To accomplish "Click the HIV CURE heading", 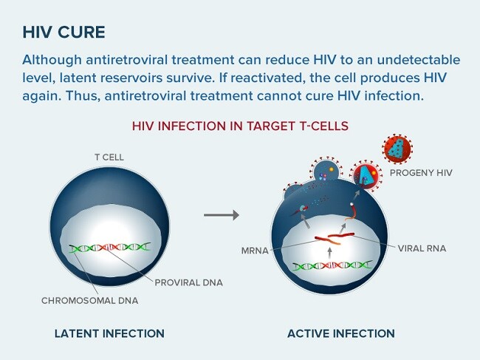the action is pyautogui.click(x=64, y=33).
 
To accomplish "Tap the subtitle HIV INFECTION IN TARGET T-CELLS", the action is pyautogui.click(x=240, y=126).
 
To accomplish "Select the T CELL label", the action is pyautogui.click(x=109, y=157).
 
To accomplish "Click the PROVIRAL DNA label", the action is pyautogui.click(x=188, y=282).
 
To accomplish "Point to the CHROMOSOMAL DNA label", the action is pyautogui.click(x=89, y=301).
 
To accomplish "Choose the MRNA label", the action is pyautogui.click(x=255, y=251).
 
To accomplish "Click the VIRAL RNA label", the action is pyautogui.click(x=422, y=248).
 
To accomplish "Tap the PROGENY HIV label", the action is pyautogui.click(x=421, y=173).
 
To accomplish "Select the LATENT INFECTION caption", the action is pyautogui.click(x=109, y=333).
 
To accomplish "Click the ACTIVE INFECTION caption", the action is pyautogui.click(x=341, y=333).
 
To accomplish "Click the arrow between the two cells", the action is pyautogui.click(x=222, y=215).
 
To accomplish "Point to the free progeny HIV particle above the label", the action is pyautogui.click(x=397, y=149).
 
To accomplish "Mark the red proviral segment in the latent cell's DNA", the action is pyautogui.click(x=109, y=247).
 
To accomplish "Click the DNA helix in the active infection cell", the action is pyautogui.click(x=333, y=265).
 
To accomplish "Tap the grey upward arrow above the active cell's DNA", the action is pyautogui.click(x=329, y=254).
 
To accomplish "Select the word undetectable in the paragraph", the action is pyautogui.click(x=419, y=59).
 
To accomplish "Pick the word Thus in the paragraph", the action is pyautogui.click(x=83, y=96).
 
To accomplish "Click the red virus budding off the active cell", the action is pyautogui.click(x=366, y=175).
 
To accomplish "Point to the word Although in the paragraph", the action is pyautogui.click(x=52, y=60).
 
